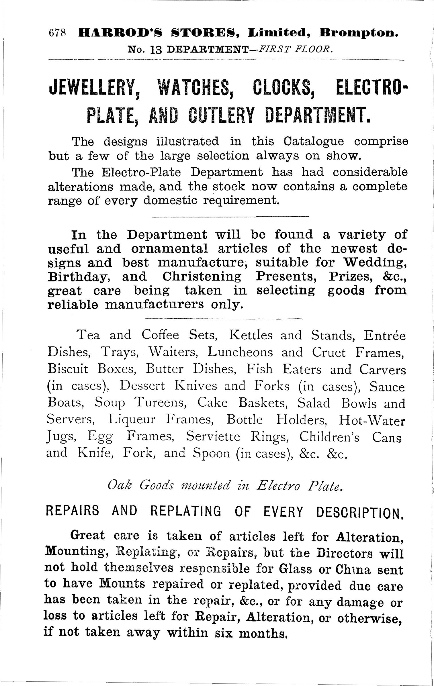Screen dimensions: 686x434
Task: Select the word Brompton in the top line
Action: point(359,34)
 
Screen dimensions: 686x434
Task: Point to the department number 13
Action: point(156,50)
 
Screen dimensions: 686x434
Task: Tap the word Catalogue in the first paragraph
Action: point(314,142)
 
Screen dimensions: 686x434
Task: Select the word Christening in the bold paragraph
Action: point(202,277)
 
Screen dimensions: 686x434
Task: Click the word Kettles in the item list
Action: point(251,335)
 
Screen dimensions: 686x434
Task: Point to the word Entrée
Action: point(384,335)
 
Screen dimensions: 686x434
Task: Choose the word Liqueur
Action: point(132,420)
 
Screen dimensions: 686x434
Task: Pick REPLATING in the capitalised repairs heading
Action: point(186,511)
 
